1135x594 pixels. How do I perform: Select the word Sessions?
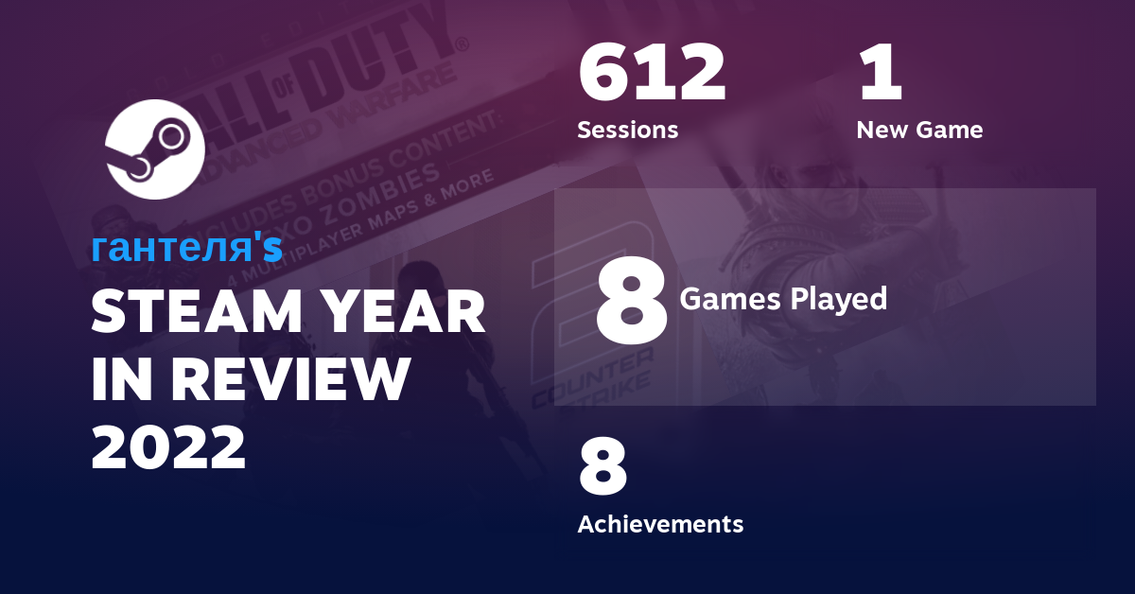tap(627, 130)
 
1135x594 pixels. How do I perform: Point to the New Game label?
tap(918, 130)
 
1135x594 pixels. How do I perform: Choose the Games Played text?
tap(783, 300)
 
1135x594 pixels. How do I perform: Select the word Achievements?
tap(660, 523)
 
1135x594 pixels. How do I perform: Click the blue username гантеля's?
tap(186, 247)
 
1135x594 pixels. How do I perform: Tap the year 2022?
tap(168, 446)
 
